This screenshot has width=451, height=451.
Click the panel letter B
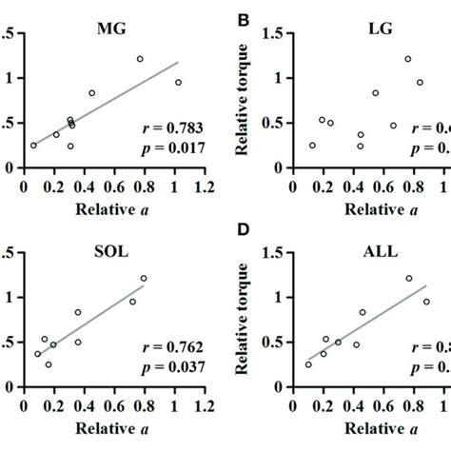(x=245, y=17)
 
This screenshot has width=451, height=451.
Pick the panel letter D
(x=245, y=237)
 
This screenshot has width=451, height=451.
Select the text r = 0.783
(x=161, y=128)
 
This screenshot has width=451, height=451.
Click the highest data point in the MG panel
(x=140, y=59)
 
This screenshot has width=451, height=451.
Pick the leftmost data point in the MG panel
(x=33, y=146)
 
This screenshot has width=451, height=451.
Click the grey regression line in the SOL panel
(x=95, y=329)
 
